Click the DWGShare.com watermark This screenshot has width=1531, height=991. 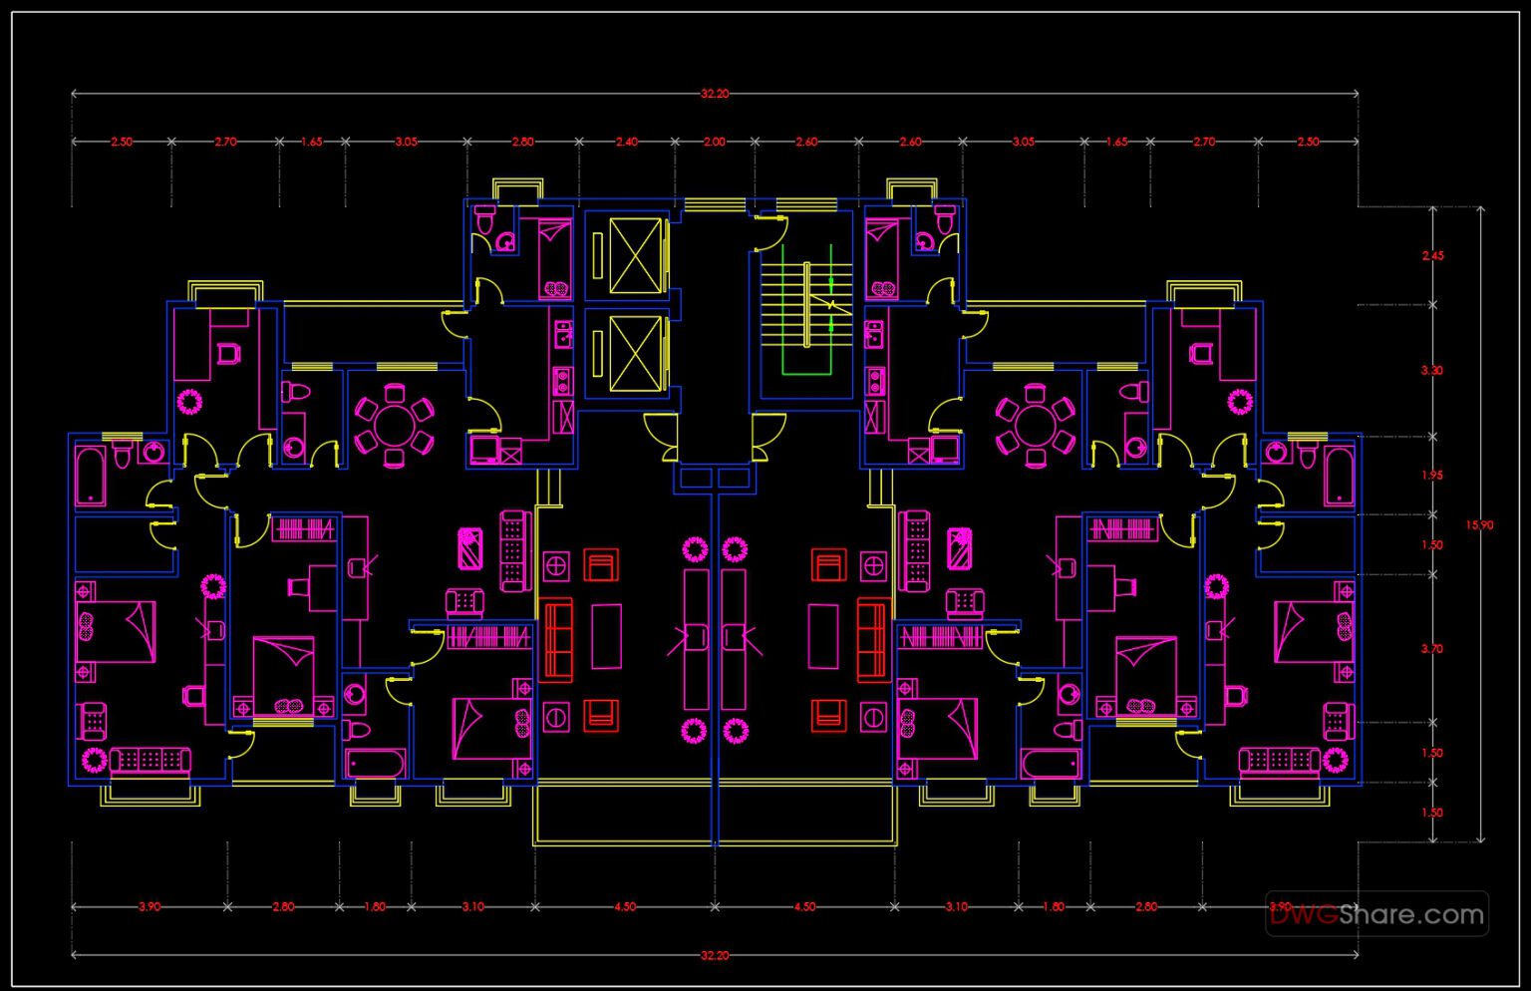[1378, 913]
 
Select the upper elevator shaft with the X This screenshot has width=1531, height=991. [635, 255]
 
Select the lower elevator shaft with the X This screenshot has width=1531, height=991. [635, 354]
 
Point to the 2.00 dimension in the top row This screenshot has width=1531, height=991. [715, 142]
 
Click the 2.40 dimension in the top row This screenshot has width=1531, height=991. [626, 142]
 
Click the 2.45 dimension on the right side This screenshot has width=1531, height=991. [1432, 256]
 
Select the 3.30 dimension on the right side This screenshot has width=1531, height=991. [1432, 371]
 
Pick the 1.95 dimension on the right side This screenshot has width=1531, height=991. [1432, 476]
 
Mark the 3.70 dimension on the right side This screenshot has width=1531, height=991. [1432, 649]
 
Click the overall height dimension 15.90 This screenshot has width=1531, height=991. [1479, 525]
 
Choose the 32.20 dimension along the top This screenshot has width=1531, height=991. [715, 94]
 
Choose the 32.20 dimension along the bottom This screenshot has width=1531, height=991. [715, 955]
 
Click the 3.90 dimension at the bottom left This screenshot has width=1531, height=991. [150, 907]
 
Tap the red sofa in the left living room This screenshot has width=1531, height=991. [556, 640]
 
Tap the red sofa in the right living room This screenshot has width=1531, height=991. [872, 640]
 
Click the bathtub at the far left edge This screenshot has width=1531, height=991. [91, 477]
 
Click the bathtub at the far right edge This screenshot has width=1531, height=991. [1339, 477]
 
